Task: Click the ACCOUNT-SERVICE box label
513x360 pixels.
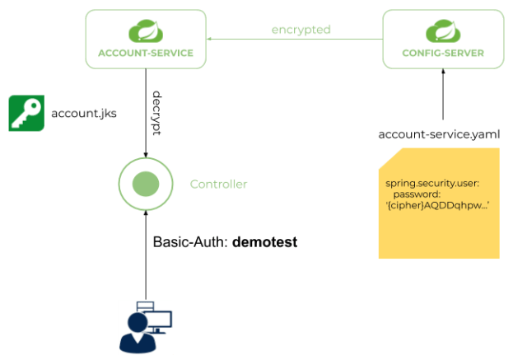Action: (x=145, y=54)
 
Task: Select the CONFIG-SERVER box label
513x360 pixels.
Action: (x=442, y=54)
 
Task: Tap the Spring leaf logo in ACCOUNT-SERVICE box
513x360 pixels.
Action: (x=145, y=33)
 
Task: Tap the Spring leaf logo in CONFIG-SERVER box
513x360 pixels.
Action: (x=442, y=33)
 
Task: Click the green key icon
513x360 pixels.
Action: (x=26, y=113)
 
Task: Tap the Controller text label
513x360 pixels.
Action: (x=218, y=183)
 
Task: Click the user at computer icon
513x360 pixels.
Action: (x=146, y=325)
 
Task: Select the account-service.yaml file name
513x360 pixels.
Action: (x=438, y=134)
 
